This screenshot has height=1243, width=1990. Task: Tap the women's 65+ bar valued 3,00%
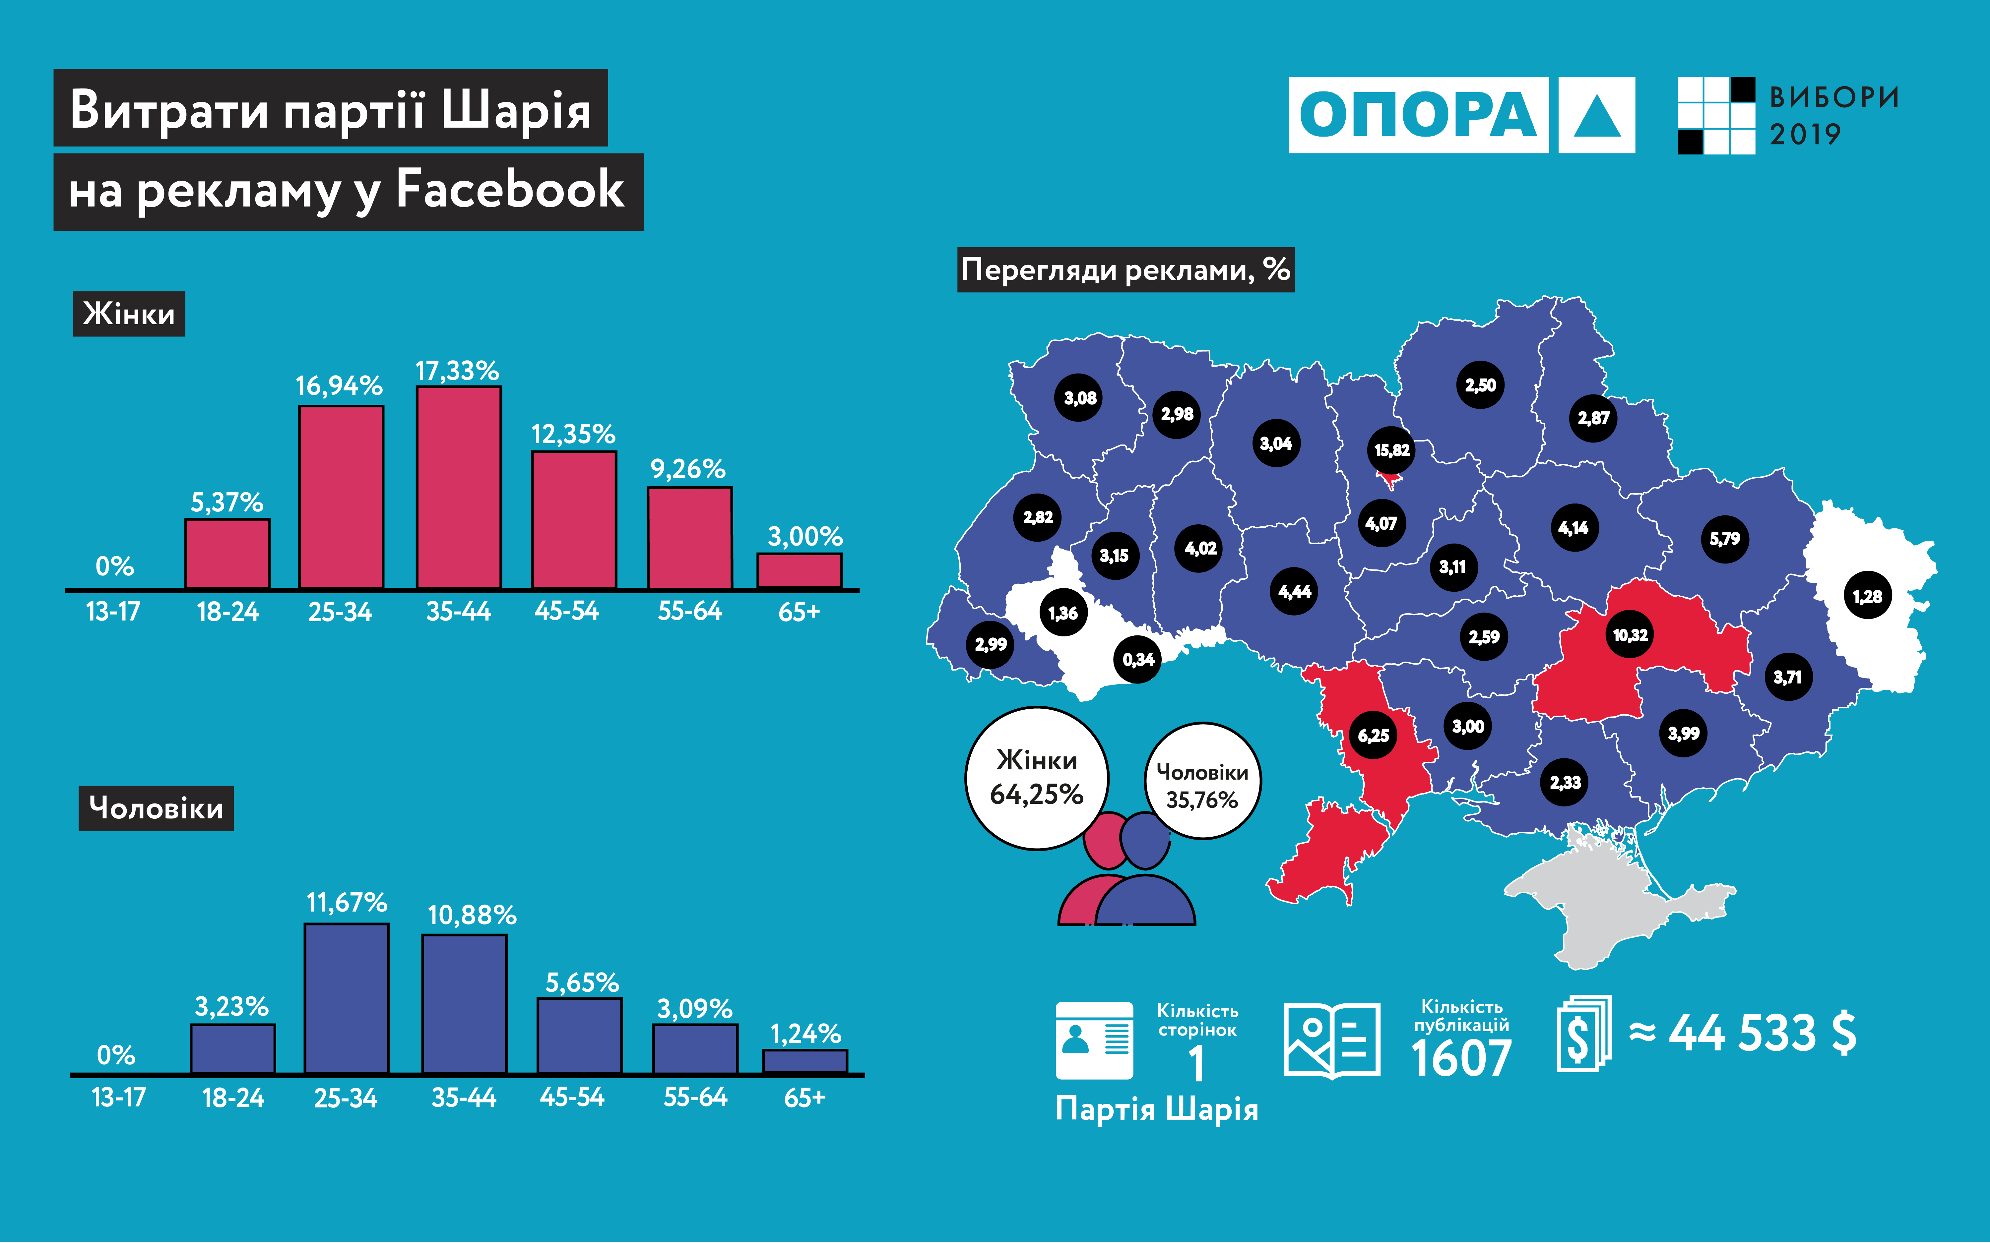(799, 571)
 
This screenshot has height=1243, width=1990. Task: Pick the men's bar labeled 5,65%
(580, 1036)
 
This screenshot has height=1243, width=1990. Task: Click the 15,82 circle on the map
(1391, 450)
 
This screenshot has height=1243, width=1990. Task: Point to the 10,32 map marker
(1630, 635)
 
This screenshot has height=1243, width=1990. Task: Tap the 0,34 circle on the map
(1138, 659)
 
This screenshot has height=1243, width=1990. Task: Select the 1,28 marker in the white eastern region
(1868, 596)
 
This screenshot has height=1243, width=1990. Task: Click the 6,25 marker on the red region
(1373, 735)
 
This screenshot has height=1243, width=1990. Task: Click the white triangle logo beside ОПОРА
(1596, 115)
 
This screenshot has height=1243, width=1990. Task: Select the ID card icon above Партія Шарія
(1094, 1040)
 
